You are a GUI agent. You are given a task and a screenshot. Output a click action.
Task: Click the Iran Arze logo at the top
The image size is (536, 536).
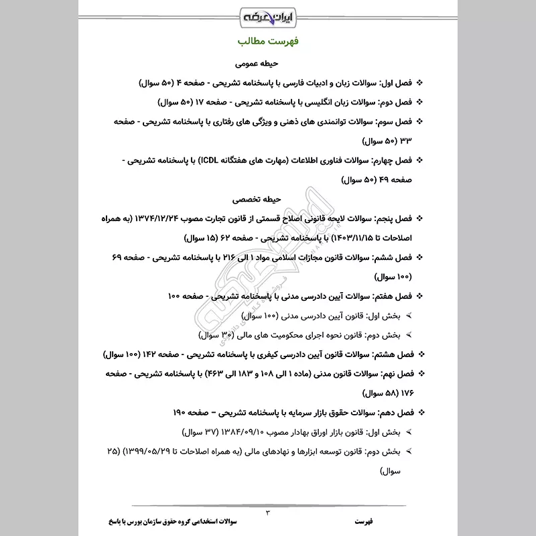pyautogui.click(x=268, y=14)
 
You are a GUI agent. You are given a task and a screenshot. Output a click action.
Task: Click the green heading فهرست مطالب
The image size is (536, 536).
pyautogui.click(x=267, y=42)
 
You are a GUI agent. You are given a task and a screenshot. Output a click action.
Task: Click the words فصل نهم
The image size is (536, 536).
pyautogui.click(x=397, y=373)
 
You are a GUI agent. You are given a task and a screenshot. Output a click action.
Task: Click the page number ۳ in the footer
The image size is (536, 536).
pyautogui.click(x=267, y=513)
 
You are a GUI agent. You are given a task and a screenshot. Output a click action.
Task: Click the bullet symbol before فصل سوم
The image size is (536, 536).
pyautogui.click(x=420, y=122)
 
